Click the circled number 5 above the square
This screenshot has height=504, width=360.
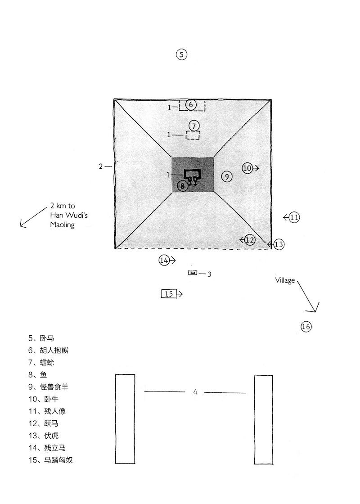[182, 54]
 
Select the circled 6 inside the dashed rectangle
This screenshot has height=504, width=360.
[191, 104]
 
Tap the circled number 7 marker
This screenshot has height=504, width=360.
[194, 126]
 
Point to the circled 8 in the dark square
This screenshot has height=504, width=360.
[183, 186]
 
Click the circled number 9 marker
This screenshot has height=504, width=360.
[227, 176]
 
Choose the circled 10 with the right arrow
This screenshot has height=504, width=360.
[247, 168]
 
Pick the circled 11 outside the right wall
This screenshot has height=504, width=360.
[294, 218]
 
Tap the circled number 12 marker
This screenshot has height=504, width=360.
[250, 240]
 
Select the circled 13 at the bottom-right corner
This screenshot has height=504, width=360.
[279, 244]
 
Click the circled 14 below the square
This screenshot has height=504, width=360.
[164, 261]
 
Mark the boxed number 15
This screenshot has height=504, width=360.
[169, 294]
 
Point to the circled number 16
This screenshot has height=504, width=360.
[306, 327]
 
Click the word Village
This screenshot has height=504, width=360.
[285, 280]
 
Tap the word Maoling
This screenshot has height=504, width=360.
[63, 225]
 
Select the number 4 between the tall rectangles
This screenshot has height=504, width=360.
[195, 392]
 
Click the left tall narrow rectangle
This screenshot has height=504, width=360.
[125, 419]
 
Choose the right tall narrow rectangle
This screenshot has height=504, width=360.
[264, 419]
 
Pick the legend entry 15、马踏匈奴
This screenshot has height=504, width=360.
[51, 460]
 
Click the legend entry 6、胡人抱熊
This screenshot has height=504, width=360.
[49, 350]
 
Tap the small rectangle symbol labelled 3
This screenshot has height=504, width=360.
[193, 273]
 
